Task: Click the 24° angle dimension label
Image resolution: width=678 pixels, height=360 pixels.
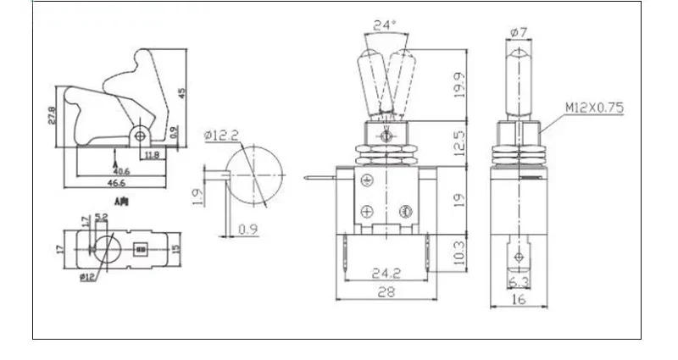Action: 386,25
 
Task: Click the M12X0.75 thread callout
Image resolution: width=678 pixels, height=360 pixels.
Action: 594,108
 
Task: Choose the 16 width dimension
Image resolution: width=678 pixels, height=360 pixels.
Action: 518,297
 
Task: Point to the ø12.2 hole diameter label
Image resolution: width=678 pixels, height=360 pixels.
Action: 223,135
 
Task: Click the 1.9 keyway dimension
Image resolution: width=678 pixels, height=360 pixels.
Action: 197,196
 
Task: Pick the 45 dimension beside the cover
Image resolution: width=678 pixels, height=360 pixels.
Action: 181,92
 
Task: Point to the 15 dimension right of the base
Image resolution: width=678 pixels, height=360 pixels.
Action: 177,249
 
